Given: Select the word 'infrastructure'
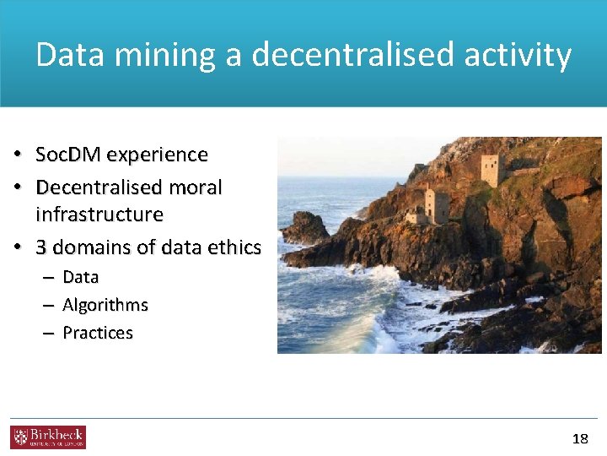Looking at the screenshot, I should (x=99, y=214).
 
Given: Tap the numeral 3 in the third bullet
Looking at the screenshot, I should (x=41, y=247).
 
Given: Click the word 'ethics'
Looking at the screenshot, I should (x=237, y=247).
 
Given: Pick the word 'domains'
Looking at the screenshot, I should (x=89, y=247).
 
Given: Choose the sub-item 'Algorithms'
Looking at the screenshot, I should (x=105, y=305).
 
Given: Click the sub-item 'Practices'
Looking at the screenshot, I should (x=98, y=333).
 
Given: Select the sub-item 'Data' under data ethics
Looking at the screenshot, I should (x=81, y=277).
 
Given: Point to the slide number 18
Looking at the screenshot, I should (x=580, y=438).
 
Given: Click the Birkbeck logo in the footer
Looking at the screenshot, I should (x=48, y=437).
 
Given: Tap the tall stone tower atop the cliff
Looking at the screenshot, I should (x=490, y=170).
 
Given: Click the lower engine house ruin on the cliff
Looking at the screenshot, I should (x=436, y=205).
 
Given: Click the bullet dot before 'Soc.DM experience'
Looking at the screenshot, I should (x=17, y=155).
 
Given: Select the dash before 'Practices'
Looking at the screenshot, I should (x=47, y=334).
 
